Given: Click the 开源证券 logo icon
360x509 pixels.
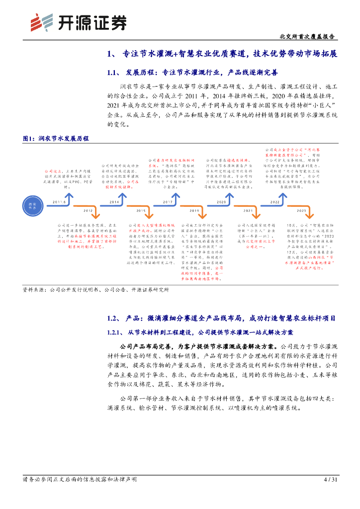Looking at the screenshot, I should point(41,22).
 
